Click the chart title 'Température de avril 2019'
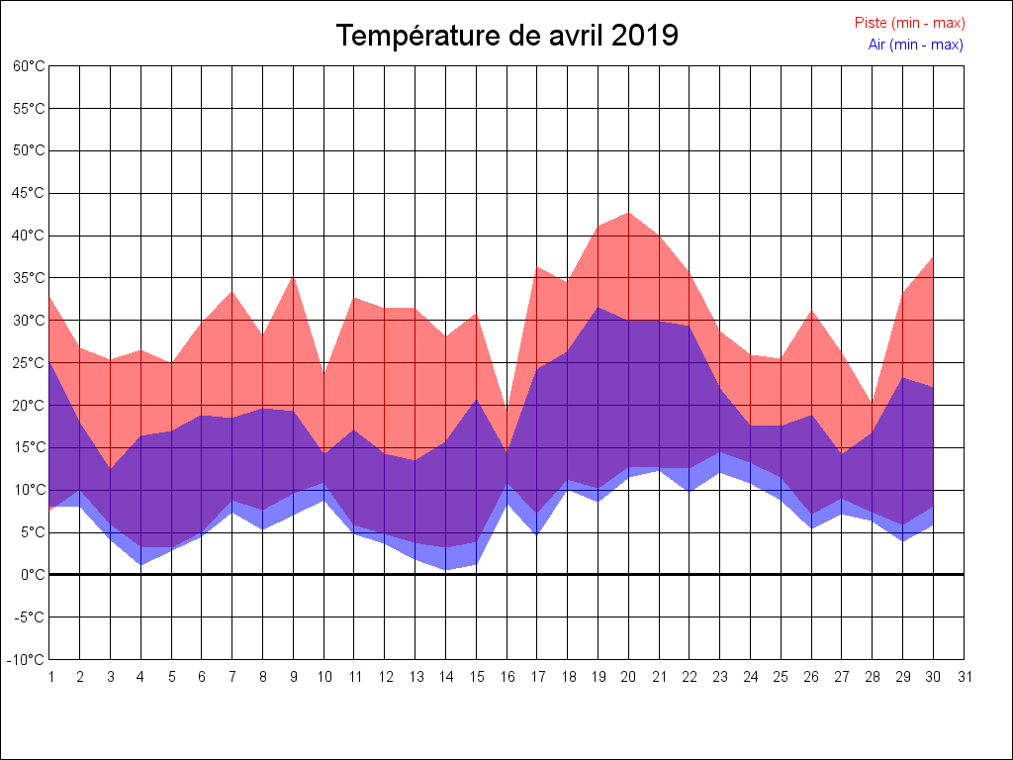[x=506, y=36]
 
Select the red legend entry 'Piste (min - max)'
[x=909, y=23]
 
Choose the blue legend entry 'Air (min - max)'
[x=915, y=45]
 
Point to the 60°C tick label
[x=29, y=66]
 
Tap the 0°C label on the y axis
[x=33, y=574]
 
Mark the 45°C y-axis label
[x=29, y=193]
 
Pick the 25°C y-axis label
[x=29, y=362]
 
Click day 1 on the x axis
[x=49, y=677]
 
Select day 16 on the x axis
[x=506, y=677]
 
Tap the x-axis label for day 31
[x=965, y=677]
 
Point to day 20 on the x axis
[x=629, y=677]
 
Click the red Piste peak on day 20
[x=629, y=213]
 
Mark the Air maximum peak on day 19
[x=599, y=308]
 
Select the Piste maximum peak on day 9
[x=293, y=276]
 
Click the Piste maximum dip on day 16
[x=506, y=412]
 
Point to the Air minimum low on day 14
[x=445, y=569]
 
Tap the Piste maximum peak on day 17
[x=537, y=267]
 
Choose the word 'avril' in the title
[x=573, y=36]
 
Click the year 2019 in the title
[x=644, y=36]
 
